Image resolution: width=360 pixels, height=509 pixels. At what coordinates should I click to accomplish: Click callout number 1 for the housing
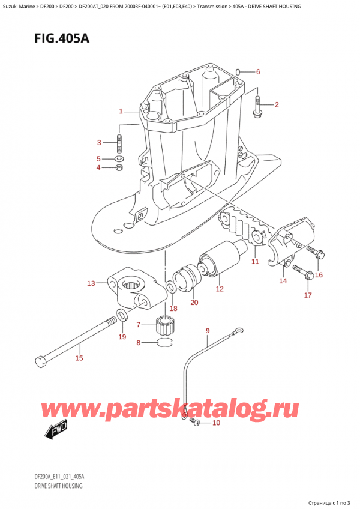click(x=121, y=111)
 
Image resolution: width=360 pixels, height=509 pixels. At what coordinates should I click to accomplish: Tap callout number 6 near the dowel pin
click(x=257, y=72)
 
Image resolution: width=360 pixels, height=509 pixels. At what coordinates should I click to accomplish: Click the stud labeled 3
click(x=119, y=145)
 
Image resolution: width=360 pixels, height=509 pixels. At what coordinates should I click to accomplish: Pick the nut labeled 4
click(x=119, y=167)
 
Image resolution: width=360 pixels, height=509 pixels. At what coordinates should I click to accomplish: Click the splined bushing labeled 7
click(x=164, y=327)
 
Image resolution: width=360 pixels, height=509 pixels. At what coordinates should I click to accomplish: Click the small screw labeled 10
click(x=195, y=423)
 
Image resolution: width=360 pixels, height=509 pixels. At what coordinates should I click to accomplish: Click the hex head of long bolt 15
click(x=40, y=362)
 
